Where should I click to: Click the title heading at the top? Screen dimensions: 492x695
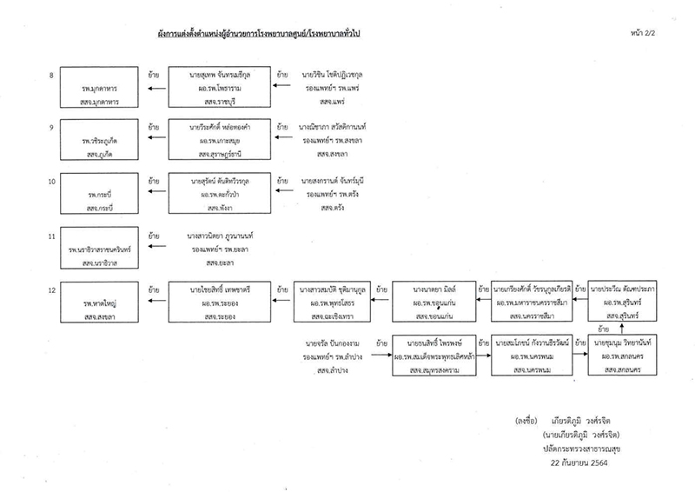[347, 33]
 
